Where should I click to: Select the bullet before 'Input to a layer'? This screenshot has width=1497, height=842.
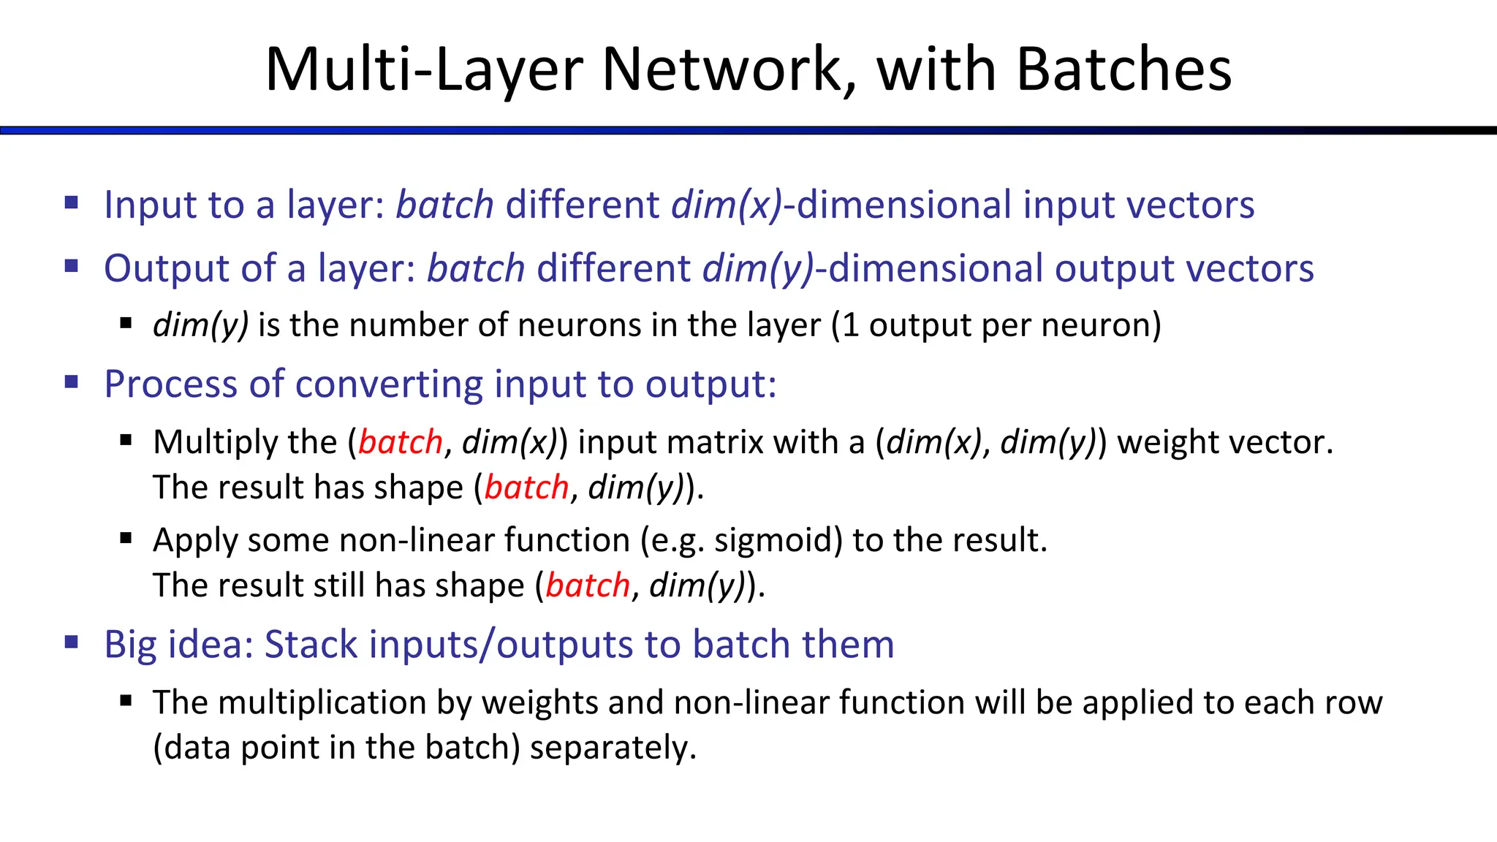click(72, 202)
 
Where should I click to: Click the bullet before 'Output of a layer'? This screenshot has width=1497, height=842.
click(72, 266)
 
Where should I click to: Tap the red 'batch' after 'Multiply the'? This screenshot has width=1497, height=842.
click(401, 442)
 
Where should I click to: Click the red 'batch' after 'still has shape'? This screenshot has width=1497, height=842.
click(588, 585)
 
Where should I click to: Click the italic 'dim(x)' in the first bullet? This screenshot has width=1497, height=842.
click(727, 205)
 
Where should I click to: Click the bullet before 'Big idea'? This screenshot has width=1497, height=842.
click(72, 643)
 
